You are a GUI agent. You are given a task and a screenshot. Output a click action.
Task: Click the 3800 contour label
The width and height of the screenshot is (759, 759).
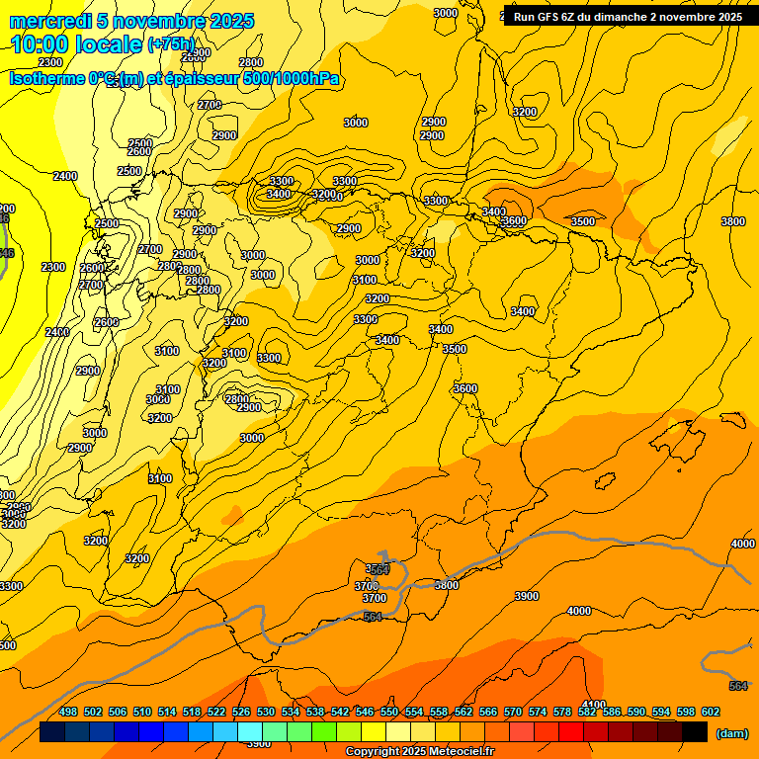[733, 221]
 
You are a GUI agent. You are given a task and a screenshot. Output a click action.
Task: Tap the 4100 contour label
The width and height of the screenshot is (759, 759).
[594, 704]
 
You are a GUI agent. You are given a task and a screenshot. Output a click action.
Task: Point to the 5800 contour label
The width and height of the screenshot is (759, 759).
[447, 585]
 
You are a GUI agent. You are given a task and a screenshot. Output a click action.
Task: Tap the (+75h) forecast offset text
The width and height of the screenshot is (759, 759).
[172, 44]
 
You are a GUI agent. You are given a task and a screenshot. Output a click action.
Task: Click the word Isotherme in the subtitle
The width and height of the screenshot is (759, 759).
[45, 79]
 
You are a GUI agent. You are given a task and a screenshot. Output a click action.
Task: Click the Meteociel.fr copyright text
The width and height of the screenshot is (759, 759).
[455, 752]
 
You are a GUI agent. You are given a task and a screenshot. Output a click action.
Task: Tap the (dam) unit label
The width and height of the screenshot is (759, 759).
[732, 732]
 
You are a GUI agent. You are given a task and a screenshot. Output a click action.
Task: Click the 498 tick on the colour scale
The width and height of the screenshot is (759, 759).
[68, 712]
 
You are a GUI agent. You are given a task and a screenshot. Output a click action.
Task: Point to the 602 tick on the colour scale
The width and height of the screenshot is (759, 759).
[711, 712]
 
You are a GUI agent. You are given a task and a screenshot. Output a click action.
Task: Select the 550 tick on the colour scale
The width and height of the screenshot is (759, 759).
[389, 712]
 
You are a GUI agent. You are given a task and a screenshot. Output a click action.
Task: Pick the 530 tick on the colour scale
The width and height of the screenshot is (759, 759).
[266, 712]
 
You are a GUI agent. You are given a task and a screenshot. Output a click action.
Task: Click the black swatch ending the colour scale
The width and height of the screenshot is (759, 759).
[695, 732]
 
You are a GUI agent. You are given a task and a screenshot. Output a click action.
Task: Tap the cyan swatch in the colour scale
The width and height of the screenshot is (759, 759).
[250, 732]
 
